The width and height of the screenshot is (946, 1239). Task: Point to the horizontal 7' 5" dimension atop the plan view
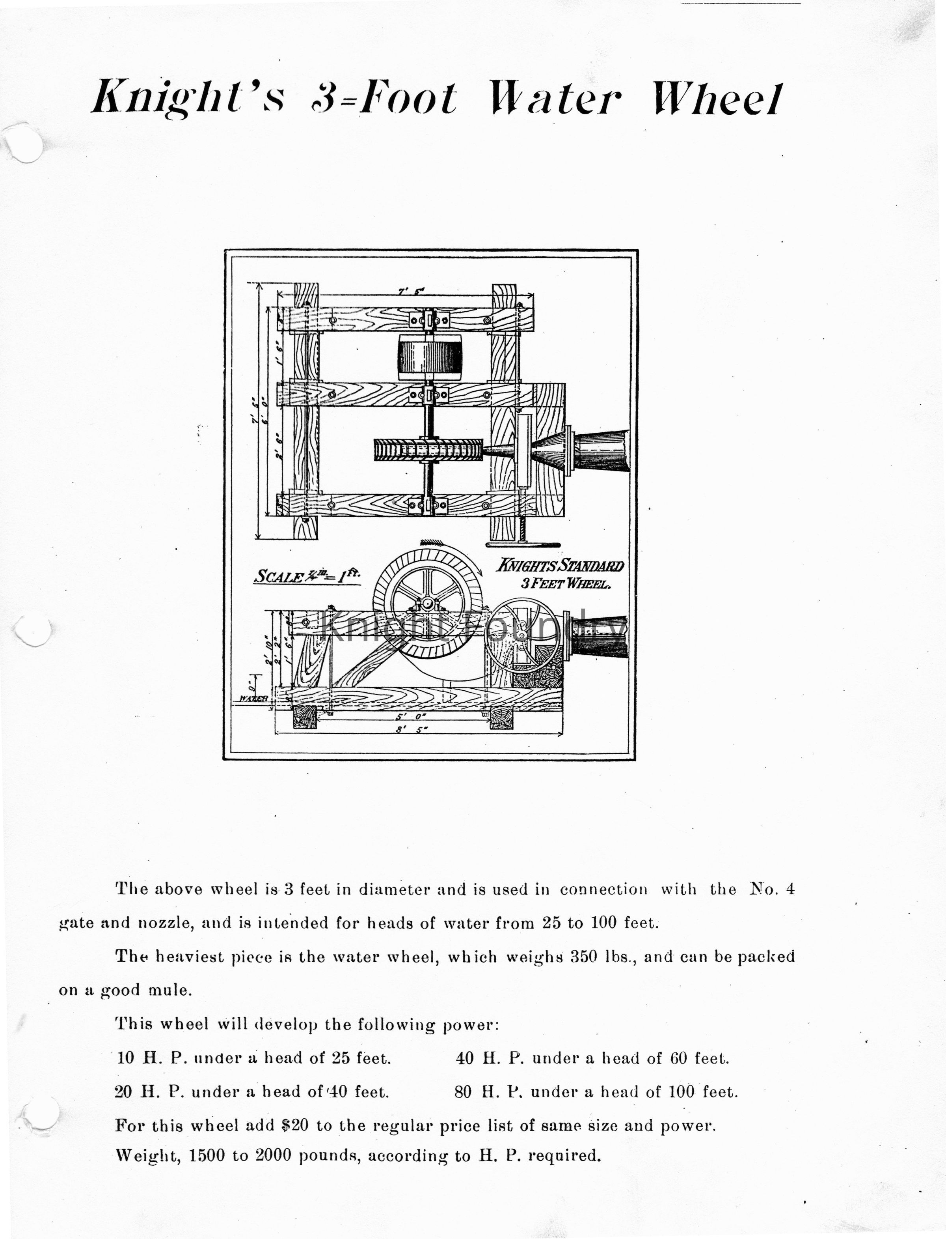coord(411,292)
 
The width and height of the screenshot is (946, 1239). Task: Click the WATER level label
coord(253,698)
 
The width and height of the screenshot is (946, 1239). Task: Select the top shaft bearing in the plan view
coord(430,321)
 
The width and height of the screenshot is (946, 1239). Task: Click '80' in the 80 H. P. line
coord(463,1092)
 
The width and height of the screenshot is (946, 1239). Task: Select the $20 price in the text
coord(295,1126)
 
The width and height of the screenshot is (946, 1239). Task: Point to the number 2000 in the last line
coord(274,1156)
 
